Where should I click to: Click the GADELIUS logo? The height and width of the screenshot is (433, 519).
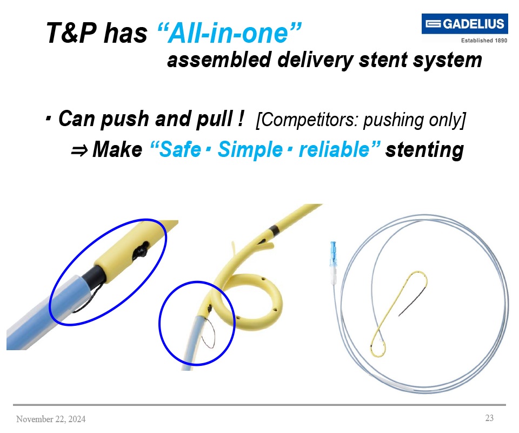464,23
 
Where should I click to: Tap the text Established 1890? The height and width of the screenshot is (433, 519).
484,41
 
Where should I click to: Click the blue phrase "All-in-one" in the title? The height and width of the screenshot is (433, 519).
229,33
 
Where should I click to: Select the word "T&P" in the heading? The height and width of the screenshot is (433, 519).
71,33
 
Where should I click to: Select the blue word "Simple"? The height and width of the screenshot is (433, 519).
250,149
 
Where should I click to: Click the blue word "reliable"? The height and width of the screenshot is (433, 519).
334,149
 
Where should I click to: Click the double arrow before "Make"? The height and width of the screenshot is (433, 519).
79,151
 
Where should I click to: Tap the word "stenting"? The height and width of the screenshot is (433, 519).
425,150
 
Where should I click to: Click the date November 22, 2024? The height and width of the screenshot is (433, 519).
51,419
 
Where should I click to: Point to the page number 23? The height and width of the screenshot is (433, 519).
489,418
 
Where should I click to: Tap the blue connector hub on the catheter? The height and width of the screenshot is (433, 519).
333,253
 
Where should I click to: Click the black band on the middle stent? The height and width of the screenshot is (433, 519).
274,229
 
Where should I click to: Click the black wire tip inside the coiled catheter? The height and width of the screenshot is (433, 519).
412,301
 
